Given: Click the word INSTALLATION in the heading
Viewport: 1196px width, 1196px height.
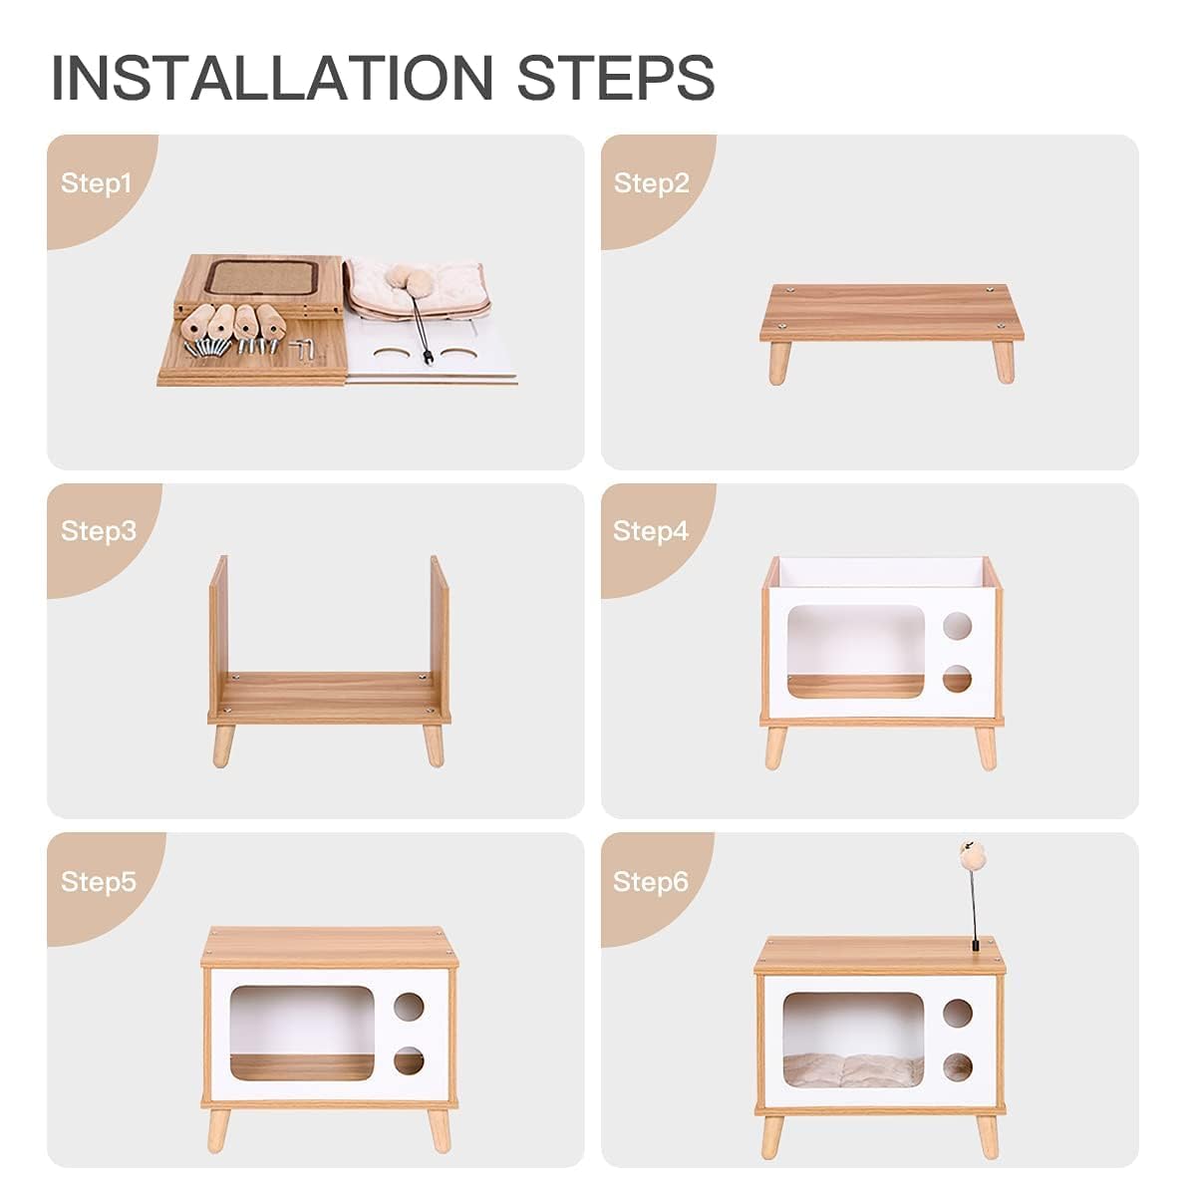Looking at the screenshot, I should (x=272, y=78).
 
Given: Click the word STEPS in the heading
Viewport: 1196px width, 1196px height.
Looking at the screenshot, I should (x=615, y=78).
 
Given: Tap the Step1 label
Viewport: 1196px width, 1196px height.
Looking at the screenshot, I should (x=96, y=183).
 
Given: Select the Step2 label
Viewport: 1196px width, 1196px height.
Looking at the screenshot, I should (x=651, y=183).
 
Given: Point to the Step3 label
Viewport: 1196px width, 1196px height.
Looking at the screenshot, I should (x=98, y=531).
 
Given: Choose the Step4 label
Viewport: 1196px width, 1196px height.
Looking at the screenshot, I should (x=651, y=531).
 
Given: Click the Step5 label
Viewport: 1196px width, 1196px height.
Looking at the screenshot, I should (x=98, y=882).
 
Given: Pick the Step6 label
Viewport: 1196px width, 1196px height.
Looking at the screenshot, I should (x=651, y=882).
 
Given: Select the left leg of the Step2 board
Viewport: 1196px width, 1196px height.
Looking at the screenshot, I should (x=777, y=362).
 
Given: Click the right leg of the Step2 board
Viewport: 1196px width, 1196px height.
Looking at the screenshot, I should (x=1004, y=361).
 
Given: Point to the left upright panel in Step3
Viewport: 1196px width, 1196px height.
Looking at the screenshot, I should (x=218, y=628).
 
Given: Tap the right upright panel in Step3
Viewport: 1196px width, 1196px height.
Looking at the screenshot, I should (x=439, y=628).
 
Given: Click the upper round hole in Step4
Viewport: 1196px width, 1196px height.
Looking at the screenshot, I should (x=957, y=626).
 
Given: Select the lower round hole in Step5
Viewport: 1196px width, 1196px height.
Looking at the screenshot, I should (x=409, y=1060).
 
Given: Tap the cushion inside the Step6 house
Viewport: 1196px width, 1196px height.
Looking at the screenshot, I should (x=852, y=1068).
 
